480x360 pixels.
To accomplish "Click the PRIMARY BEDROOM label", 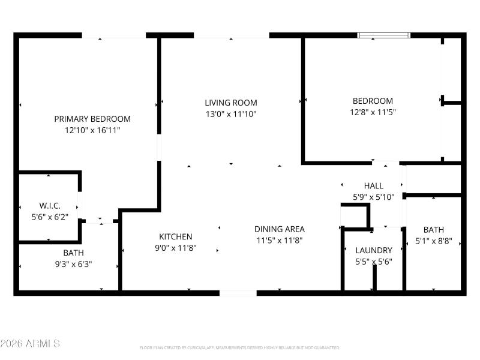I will click(x=92, y=119).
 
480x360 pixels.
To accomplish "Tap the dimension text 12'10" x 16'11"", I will click(x=92, y=130).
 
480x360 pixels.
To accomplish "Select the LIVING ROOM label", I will click(x=231, y=103).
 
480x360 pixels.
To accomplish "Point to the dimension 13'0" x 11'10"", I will click(x=231, y=113).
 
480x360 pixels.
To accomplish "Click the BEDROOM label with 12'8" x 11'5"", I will click(x=373, y=101).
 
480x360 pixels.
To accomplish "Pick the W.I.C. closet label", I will click(x=50, y=205).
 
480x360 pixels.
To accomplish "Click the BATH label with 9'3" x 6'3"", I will click(x=74, y=253).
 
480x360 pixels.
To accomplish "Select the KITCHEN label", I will click(x=176, y=236).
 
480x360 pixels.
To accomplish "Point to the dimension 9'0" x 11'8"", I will click(x=176, y=247).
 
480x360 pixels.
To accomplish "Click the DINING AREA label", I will click(x=280, y=229).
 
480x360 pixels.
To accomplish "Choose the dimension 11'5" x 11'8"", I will click(x=280, y=239).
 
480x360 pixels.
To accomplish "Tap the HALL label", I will click(x=373, y=186).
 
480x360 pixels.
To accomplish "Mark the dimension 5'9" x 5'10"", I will click(x=373, y=197).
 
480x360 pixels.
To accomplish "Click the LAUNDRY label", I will click(x=374, y=250).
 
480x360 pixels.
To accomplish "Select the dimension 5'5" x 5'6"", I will click(x=374, y=261).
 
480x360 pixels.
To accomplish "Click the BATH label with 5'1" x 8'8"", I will click(x=434, y=230).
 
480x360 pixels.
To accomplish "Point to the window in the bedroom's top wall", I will click(x=385, y=35).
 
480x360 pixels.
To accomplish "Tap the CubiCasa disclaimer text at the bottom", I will click(x=240, y=347).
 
